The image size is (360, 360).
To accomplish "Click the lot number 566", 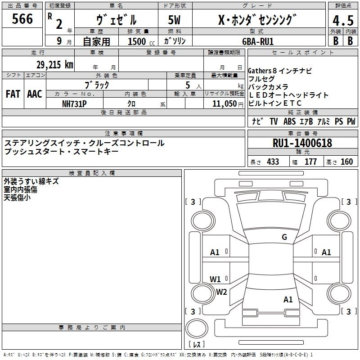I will (x=22, y=19).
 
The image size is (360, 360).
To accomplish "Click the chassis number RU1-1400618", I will (x=302, y=143).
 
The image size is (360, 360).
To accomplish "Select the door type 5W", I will (x=175, y=21).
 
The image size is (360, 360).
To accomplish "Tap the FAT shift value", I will (x=13, y=94).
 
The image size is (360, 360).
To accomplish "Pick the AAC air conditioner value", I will (x=35, y=94).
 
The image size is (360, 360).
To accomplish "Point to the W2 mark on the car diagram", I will (x=221, y=292).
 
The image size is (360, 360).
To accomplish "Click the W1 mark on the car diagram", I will (x=215, y=279).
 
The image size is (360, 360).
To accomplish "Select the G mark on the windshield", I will (x=284, y=237).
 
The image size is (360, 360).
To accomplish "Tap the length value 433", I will (x=273, y=162).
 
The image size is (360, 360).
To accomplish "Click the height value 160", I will (x=346, y=162).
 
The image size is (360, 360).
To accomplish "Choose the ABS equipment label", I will (x=289, y=121).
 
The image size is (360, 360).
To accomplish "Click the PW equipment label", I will (x=351, y=121).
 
